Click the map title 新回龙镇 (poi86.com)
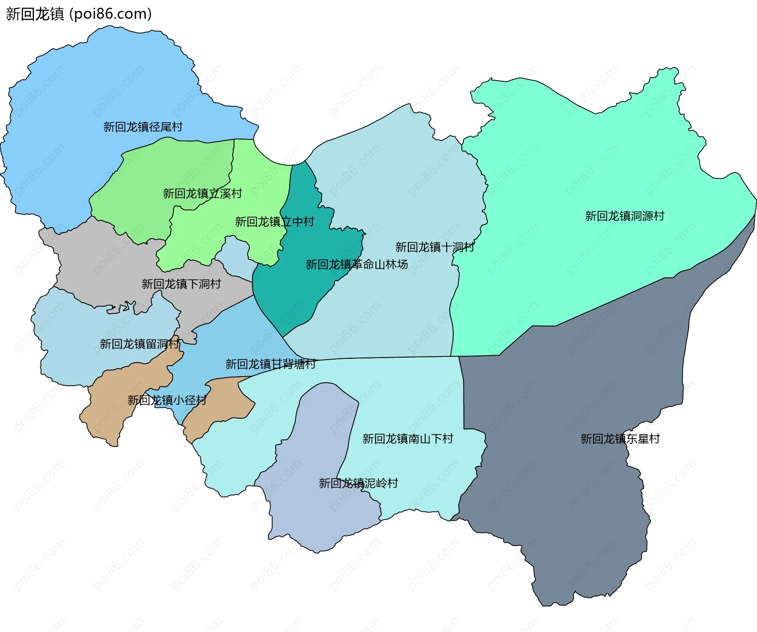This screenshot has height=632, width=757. (79, 14)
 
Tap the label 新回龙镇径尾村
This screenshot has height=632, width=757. (143, 127)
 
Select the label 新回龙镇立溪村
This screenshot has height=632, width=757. (202, 193)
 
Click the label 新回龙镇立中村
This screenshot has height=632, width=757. (274, 221)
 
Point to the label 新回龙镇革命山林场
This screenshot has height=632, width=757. (356, 264)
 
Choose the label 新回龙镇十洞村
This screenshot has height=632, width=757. (434, 247)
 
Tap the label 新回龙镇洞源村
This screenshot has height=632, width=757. (625, 216)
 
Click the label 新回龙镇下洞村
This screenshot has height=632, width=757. (181, 284)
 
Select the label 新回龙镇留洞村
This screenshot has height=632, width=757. (139, 344)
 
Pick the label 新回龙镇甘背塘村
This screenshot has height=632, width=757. (270, 364)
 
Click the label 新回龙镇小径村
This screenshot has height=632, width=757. (167, 400)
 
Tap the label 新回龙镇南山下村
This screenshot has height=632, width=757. (408, 439)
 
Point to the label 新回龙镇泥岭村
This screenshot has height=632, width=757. (358, 483)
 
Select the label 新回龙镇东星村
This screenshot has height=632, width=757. (620, 439)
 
